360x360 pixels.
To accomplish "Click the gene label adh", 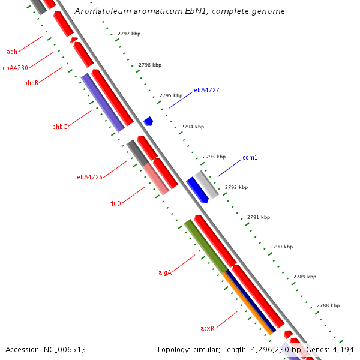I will (12, 52).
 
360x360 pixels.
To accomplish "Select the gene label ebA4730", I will (15, 68).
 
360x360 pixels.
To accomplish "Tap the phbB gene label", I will (31, 83).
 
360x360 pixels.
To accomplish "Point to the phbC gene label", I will (59, 127).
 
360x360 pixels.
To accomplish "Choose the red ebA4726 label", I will (89, 177).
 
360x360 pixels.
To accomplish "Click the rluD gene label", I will (115, 203).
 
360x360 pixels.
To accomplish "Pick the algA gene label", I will (165, 272).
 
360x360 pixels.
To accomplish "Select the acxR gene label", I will (207, 329).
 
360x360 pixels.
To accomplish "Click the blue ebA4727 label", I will (206, 91).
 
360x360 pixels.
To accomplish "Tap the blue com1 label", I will (250, 158).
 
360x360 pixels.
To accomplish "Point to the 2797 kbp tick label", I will (129, 34).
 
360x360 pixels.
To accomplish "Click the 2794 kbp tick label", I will (193, 127).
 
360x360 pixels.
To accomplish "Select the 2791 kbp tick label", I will (259, 217).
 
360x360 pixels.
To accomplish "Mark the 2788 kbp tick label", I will (328, 305).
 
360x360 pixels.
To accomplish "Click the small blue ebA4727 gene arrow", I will (148, 122).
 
